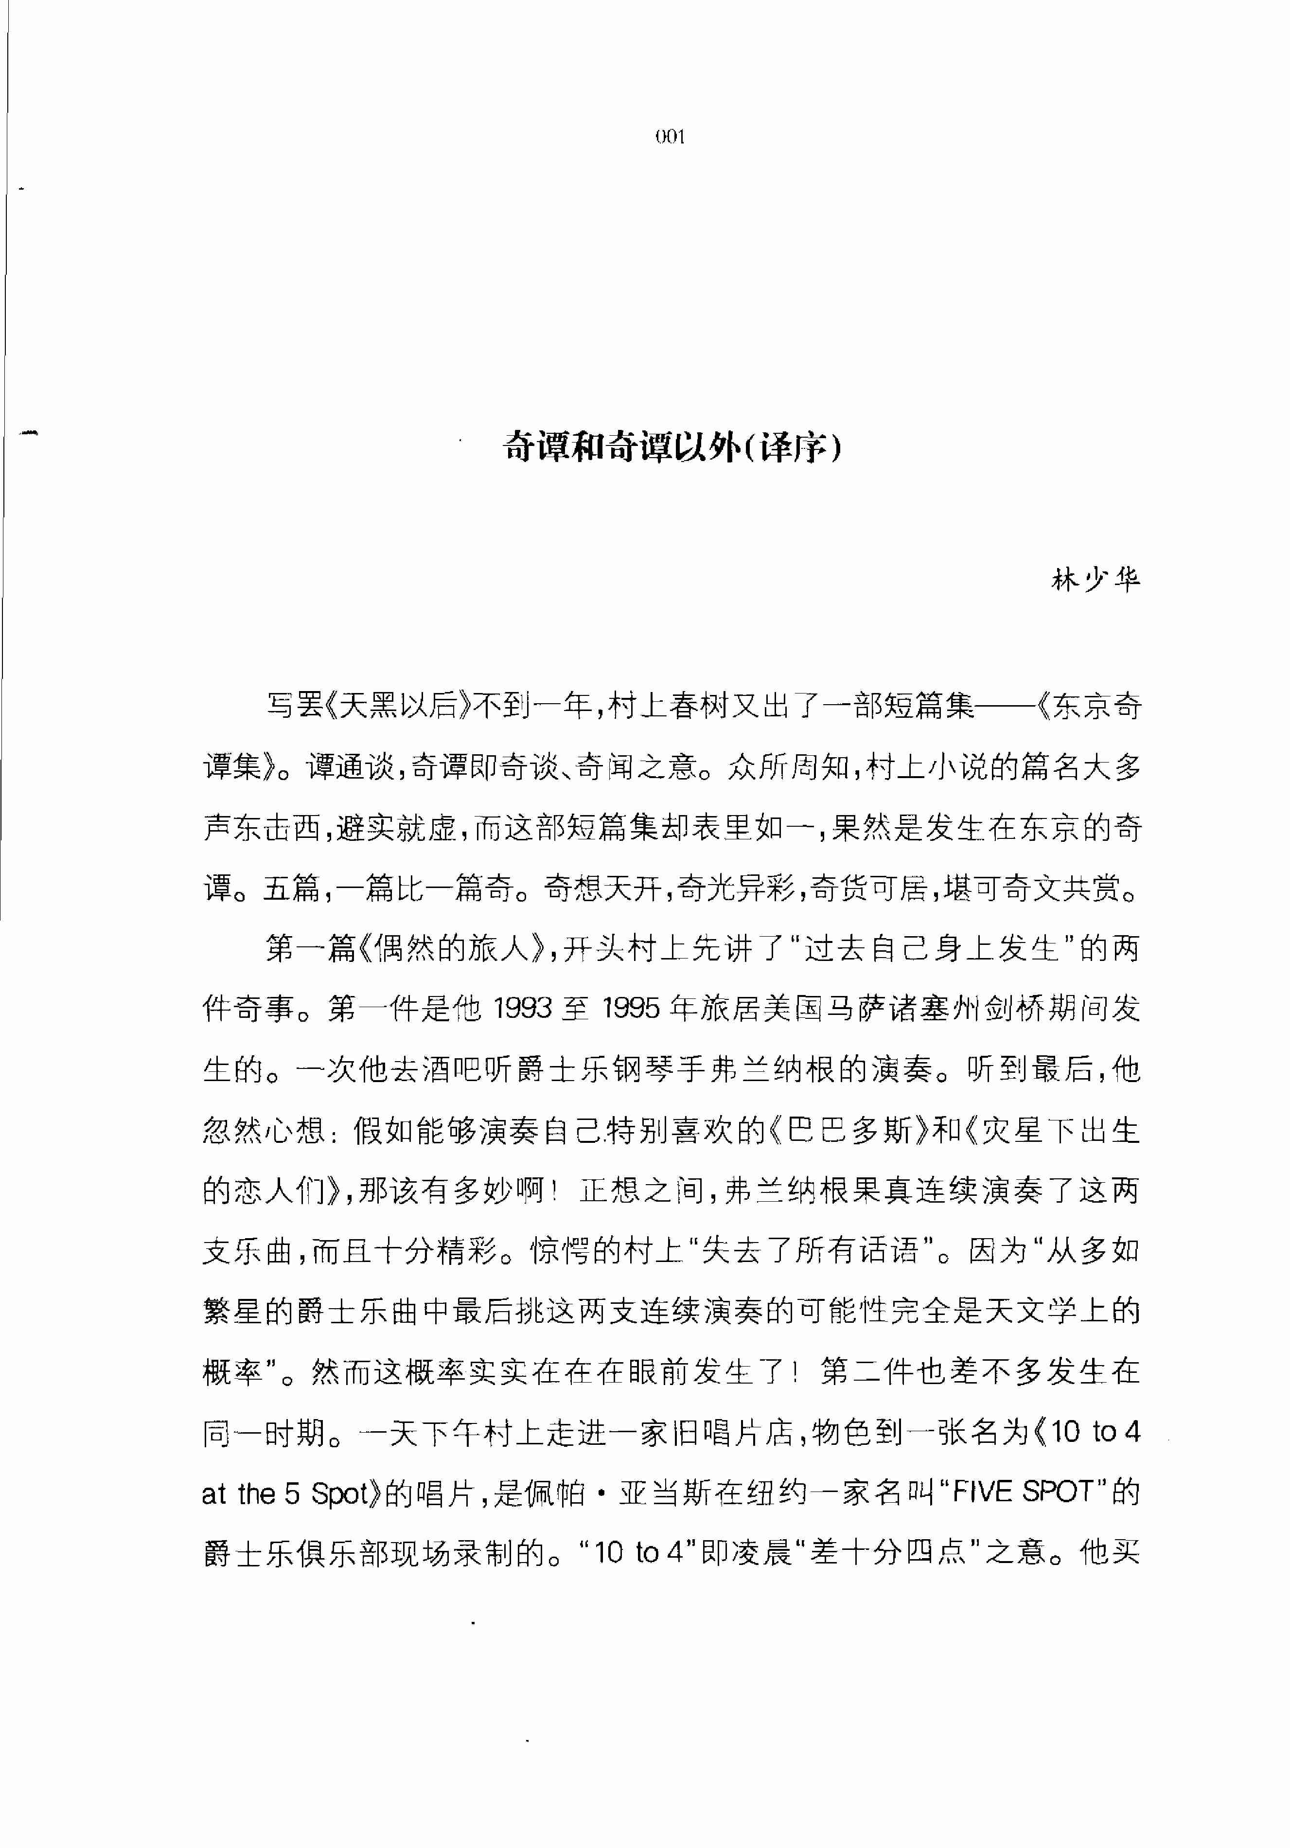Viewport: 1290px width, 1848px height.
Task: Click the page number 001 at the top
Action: point(670,137)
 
